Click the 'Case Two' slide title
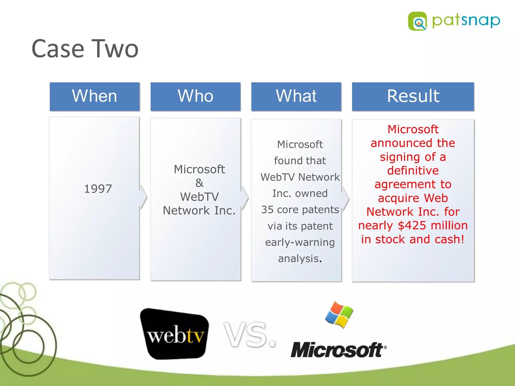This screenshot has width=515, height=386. pos(85,49)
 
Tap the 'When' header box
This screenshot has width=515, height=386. pos(95,96)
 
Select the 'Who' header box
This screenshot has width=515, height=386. pos(195,96)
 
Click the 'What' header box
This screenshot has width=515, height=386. pos(296,96)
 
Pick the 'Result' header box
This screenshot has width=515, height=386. pos(413,96)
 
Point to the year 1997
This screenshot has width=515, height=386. pos(98,189)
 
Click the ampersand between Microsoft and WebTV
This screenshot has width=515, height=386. pos(199,183)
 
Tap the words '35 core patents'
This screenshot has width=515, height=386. pos(300,210)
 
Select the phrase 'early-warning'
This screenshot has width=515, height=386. pos(300,242)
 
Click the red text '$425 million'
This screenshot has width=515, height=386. pos(433,225)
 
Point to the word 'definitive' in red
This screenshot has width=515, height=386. pos(413,171)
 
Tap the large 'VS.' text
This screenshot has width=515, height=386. pos(250,335)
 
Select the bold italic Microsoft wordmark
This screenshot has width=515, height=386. pos(338,350)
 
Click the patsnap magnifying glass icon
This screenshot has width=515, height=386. pos(417,21)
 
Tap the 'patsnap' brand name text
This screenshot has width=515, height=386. pos(466,21)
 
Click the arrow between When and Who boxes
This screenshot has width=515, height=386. pos(144,197)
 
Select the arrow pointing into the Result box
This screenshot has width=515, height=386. pos(346,199)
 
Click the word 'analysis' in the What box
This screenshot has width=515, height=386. pos(298,259)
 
